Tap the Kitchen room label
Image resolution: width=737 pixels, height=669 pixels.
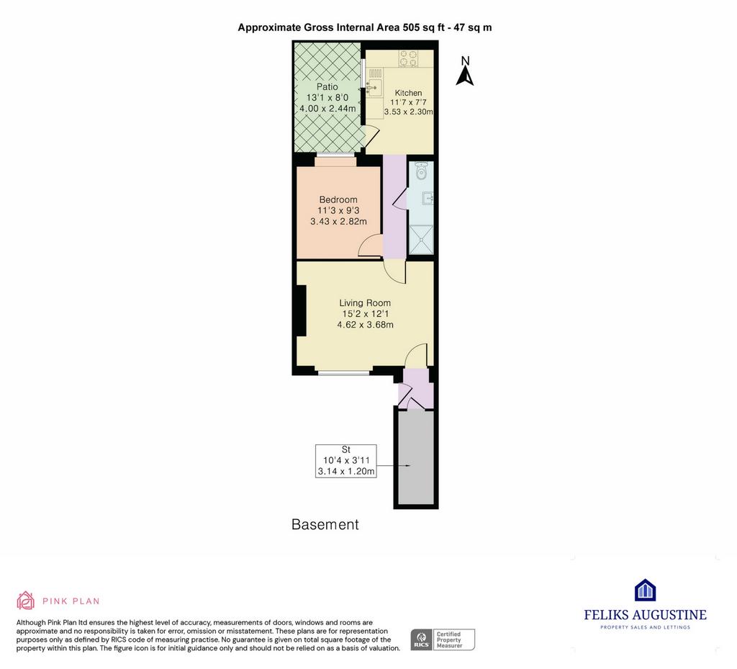click(408, 93)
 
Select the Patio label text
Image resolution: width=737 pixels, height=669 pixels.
click(327, 86)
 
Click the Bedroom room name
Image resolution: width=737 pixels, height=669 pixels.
click(338, 199)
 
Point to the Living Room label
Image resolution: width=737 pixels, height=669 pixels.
click(365, 303)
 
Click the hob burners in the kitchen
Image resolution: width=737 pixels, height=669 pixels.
click(408, 58)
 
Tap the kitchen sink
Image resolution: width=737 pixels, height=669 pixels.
click(374, 87)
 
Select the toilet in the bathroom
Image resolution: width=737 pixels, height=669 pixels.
click(421, 171)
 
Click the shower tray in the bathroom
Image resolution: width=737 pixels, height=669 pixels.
click(420, 239)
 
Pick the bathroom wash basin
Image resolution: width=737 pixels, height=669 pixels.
click(428, 199)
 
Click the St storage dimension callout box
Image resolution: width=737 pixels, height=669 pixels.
click(346, 461)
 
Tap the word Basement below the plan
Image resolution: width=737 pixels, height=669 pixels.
click(325, 524)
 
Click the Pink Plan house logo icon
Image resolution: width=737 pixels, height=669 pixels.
click(25, 601)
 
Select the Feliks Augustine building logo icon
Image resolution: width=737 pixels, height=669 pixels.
click(645, 590)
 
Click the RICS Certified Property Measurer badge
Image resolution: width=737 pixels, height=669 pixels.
click(443, 640)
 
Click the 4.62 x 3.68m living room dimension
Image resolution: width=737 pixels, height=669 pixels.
click(365, 325)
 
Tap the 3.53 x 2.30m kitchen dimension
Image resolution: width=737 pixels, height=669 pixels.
click(408, 112)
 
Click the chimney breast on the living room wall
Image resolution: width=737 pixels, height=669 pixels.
click(300, 310)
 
